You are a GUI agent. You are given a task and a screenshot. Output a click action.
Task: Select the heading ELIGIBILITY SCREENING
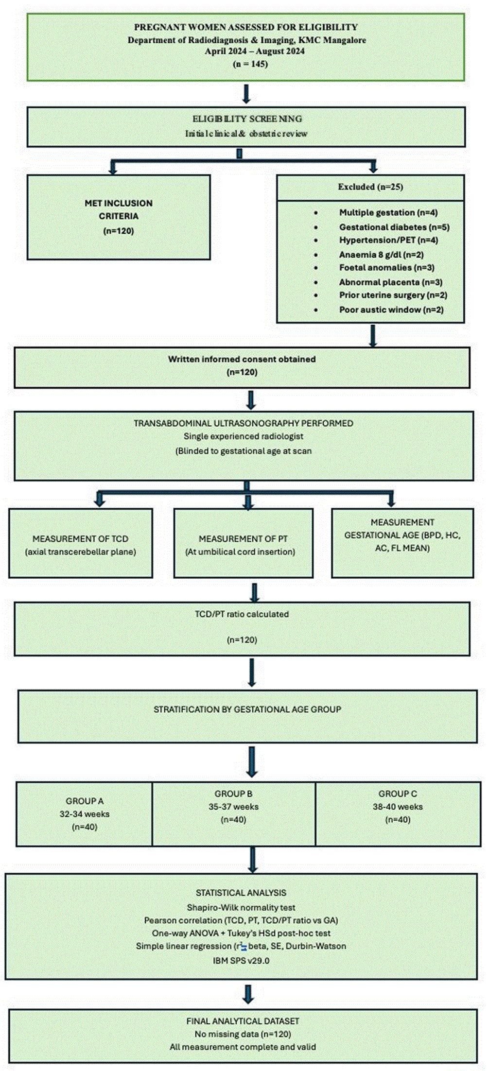pos(247,119)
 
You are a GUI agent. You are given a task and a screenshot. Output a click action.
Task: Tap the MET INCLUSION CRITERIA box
pos(119,217)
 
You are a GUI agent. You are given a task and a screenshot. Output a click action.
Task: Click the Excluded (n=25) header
pos(370,187)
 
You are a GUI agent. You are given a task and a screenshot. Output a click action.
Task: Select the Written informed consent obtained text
pos(242,359)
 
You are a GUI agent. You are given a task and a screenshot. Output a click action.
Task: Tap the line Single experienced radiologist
pos(244,436)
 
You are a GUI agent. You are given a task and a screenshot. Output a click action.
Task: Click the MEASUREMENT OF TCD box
pos(81,543)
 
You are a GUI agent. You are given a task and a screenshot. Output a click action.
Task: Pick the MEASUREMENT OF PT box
pos(244,543)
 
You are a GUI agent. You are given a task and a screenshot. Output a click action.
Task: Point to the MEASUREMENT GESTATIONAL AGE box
pos(402,543)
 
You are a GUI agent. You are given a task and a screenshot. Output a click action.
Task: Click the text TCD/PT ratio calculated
pos(242,614)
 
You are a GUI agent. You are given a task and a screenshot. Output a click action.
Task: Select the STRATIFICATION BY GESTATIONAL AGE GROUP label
pos(247,709)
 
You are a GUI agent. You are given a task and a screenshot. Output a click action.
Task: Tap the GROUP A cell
pos(85,814)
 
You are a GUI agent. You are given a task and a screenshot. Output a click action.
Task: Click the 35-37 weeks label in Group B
pos(234,807)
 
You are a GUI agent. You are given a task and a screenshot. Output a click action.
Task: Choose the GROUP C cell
pos(398,814)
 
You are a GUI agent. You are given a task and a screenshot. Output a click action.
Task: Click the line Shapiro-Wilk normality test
pos(241,907)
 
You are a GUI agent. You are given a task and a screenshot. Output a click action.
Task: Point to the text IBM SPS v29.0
pos(241,961)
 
